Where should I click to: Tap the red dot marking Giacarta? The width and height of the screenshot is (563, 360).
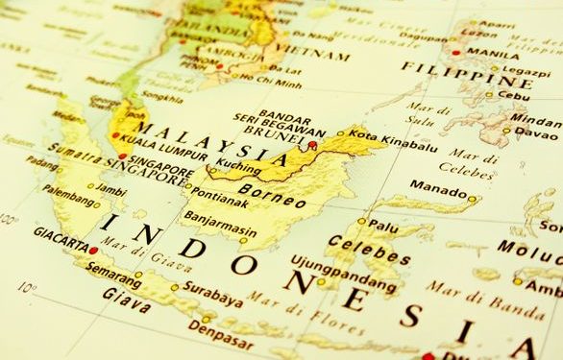click(93, 250)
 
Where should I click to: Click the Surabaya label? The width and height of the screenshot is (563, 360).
click(212, 298)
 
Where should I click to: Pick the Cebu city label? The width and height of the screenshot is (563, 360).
click(516, 96)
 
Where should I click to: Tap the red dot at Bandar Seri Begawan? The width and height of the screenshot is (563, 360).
click(312, 145)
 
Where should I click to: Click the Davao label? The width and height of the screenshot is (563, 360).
click(536, 133)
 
